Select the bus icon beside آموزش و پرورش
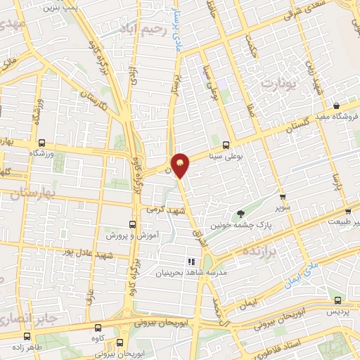pos(131,224)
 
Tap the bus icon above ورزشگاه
pos(43,141)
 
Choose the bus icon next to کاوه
pos(98,327)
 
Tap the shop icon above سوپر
pos(282,197)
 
